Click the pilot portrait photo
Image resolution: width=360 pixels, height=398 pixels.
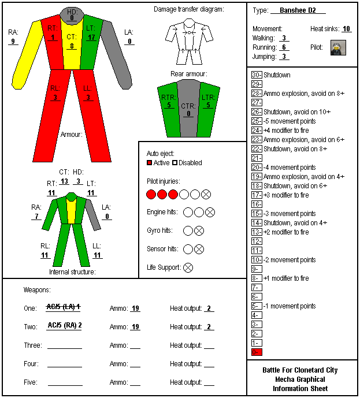tap(338, 47)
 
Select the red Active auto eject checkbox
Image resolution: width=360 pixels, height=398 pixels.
tap(149, 163)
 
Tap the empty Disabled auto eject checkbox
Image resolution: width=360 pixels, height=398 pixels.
tap(175, 163)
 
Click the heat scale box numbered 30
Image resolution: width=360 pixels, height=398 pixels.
tap(257, 75)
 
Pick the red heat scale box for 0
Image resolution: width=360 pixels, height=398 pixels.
tap(257, 352)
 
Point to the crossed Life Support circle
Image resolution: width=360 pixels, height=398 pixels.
tap(188, 267)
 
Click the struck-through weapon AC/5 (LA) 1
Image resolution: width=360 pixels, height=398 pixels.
tap(64, 307)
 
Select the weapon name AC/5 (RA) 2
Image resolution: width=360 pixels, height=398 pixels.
tap(65, 325)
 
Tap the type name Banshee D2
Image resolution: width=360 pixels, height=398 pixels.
tap(298, 10)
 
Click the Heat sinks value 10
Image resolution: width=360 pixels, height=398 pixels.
tap(346, 29)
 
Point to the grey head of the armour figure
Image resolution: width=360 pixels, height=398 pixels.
tap(72, 15)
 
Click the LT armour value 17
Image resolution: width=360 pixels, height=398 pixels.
tap(91, 38)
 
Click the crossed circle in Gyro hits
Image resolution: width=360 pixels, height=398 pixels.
tap(199, 230)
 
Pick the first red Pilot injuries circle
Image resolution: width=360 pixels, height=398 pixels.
tap(151, 195)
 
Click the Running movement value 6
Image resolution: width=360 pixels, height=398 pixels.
tap(284, 47)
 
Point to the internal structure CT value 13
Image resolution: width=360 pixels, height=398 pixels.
tap(64, 181)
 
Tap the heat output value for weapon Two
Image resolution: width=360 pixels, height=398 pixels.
tap(209, 327)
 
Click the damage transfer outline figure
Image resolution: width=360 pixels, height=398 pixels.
tap(189, 42)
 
